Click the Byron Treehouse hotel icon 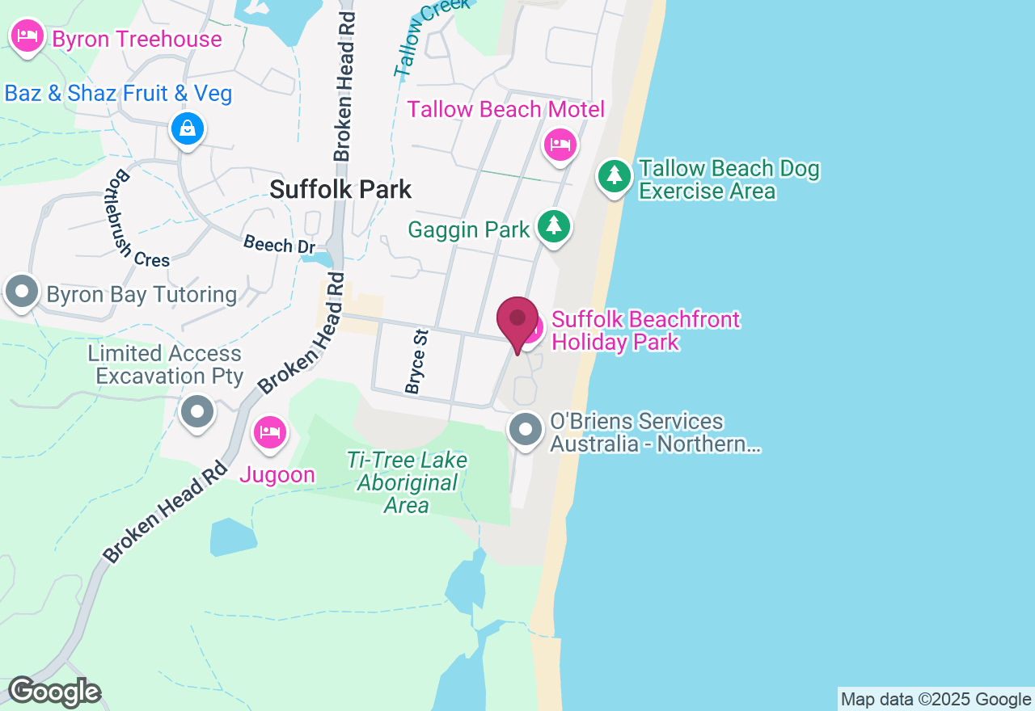coord(27,36)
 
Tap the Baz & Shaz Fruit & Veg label coord(118,94)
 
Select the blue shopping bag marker coord(188,128)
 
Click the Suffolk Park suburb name coord(340,190)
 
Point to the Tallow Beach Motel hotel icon coord(560,145)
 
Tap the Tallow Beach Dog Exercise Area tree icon coord(615,175)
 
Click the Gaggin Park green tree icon coord(554,227)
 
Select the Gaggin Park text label coord(469,229)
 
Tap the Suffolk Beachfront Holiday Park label coord(645,330)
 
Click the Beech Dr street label coord(279,244)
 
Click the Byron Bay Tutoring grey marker coord(22,292)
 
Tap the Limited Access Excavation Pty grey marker coord(196,412)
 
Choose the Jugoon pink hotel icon coord(269,433)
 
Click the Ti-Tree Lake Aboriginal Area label coord(407,483)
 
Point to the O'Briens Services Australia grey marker coord(526,429)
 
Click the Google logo coord(54,692)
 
